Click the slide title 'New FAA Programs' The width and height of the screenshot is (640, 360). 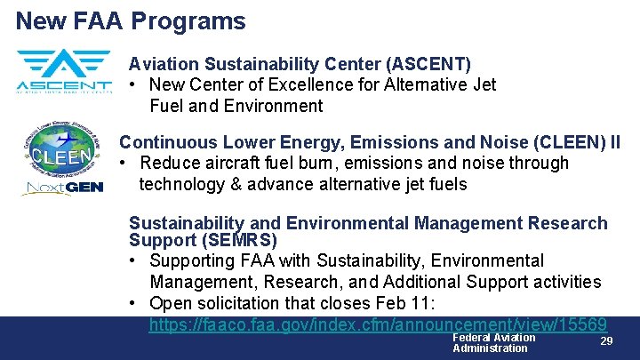click(131, 20)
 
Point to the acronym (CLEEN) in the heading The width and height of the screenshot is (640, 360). click(559, 142)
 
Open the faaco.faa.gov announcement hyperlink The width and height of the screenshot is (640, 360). click(378, 324)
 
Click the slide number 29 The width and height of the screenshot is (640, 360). click(606, 341)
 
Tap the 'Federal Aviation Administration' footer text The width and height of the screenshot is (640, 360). click(493, 342)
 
